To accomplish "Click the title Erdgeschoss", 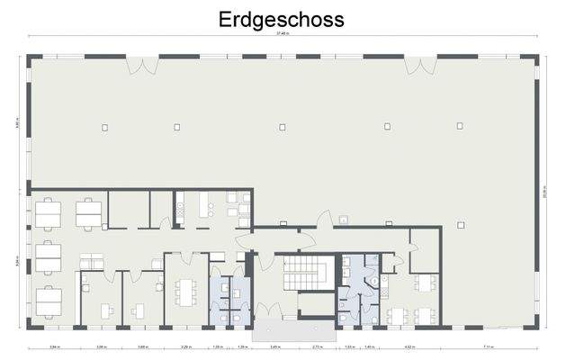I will [x=281, y=19].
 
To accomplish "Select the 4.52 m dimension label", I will [x=409, y=346].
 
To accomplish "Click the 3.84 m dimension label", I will [x=53, y=346].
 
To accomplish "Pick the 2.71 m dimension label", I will [x=318, y=346].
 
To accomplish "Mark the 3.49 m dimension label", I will [x=274, y=346].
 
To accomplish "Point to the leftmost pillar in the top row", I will [x=104, y=126].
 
